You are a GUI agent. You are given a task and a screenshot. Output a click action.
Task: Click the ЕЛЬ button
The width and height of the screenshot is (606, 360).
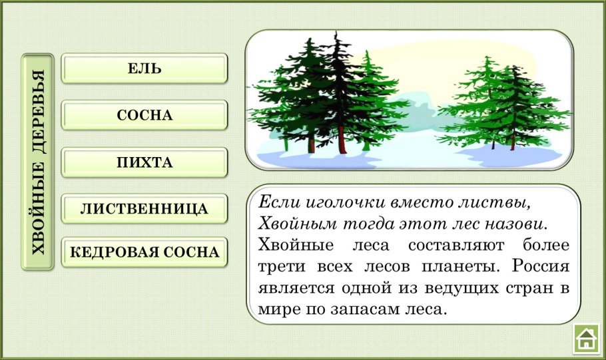144,69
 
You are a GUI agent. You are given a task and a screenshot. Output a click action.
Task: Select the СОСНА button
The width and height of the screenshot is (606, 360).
144,115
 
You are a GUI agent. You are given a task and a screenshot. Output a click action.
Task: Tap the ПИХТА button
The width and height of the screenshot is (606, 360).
144,162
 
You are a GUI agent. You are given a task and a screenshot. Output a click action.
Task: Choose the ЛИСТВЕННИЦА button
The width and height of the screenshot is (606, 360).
144,209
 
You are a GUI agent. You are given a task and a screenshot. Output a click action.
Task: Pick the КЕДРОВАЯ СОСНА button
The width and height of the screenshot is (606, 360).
144,252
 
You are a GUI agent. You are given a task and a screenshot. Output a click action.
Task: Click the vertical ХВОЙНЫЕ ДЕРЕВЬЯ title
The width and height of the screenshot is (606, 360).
38,162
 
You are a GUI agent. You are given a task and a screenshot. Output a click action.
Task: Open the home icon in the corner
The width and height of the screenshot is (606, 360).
586,338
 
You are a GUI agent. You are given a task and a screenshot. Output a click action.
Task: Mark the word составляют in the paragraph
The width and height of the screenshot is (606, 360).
456,246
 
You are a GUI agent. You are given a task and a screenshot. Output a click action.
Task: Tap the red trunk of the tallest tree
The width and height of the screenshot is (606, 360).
341,140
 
